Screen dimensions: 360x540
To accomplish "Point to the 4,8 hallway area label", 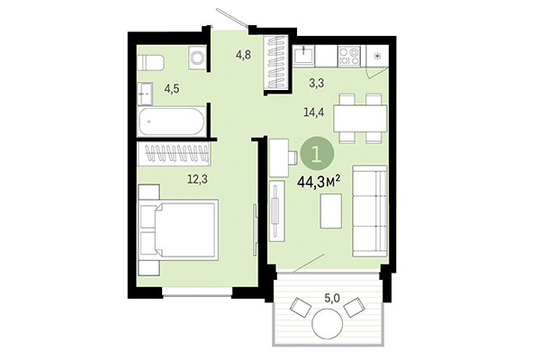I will click(x=243, y=55).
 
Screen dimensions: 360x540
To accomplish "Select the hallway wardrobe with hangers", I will click(x=275, y=63).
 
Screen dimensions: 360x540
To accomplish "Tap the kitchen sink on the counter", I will click(x=307, y=55).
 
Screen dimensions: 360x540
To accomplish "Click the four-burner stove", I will click(x=346, y=56).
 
